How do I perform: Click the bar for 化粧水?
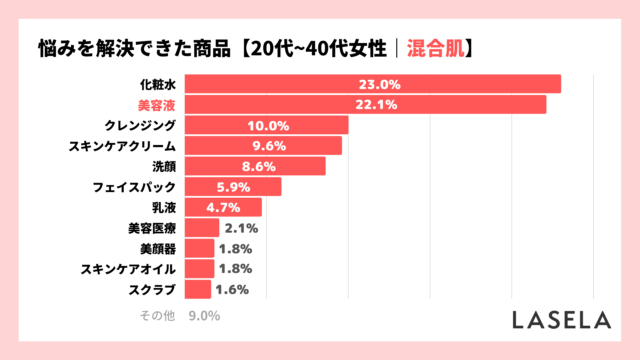pos(372,84)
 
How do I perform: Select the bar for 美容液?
pos(365,105)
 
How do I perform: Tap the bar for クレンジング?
pos(266,125)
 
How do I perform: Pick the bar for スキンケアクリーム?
pos(263,146)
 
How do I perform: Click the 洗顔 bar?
pos(255,166)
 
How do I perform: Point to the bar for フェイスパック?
pos(233,187)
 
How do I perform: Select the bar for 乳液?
pos(223,207)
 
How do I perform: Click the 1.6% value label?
pos(232,290)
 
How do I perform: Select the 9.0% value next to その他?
pos(203,316)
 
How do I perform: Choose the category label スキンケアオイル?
pos(127,269)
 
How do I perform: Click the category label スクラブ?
pos(153,290)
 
